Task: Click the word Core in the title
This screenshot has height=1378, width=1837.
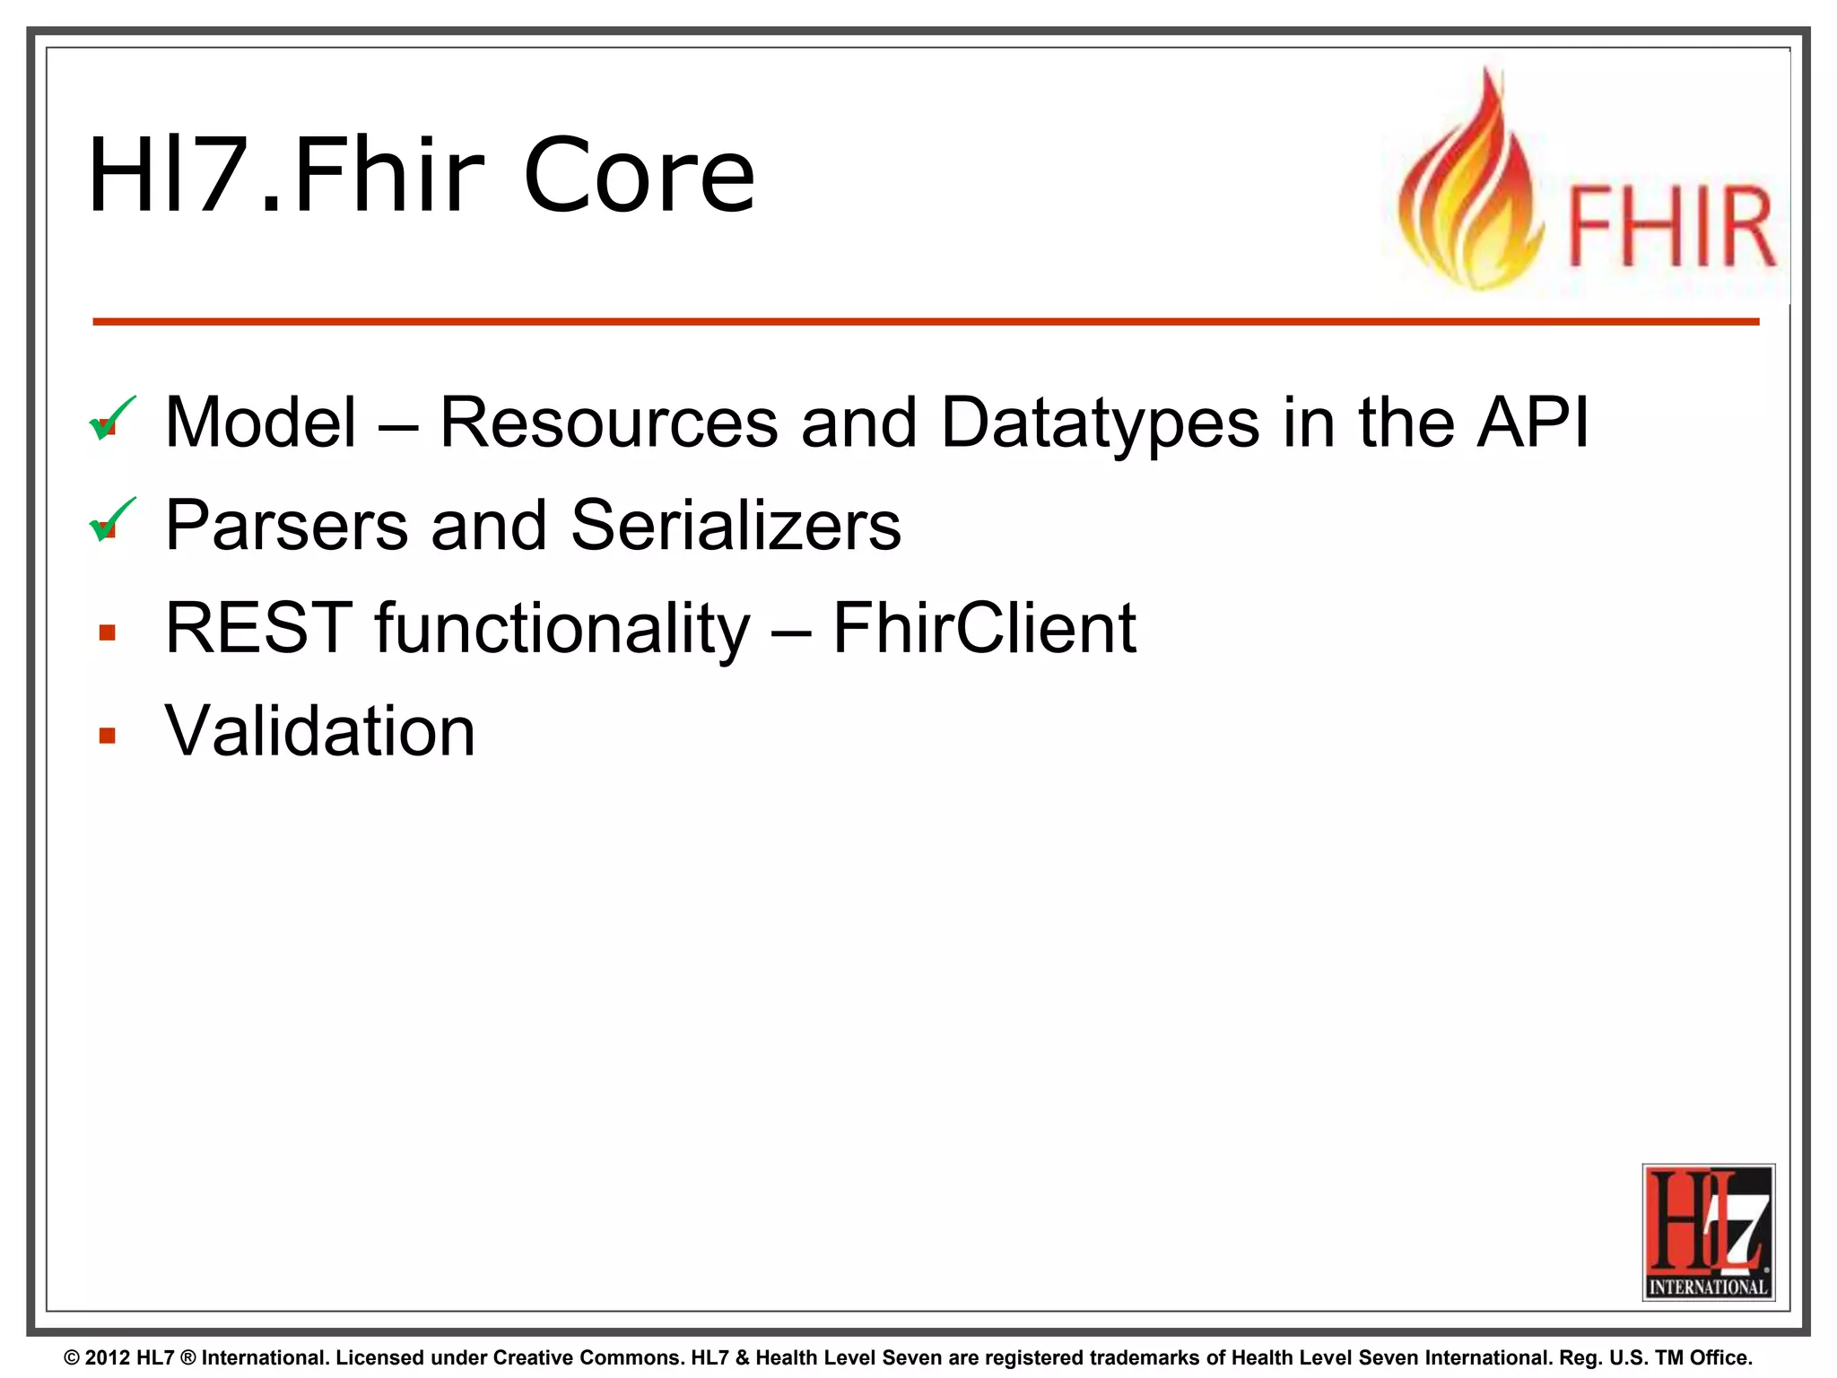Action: click(639, 176)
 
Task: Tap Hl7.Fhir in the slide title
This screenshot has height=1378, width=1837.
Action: click(286, 176)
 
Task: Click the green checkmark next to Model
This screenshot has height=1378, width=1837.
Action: click(112, 418)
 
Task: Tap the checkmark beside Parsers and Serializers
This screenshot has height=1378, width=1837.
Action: click(112, 520)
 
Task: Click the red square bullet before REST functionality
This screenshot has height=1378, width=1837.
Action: click(108, 633)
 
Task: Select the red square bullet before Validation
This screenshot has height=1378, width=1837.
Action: click(108, 737)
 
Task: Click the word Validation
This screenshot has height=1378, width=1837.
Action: click(319, 731)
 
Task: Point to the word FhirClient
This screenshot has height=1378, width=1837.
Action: click(984, 629)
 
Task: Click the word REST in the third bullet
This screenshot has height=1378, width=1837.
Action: click(258, 629)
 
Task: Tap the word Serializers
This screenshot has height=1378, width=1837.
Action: click(736, 526)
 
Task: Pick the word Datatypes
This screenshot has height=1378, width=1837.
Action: click(1100, 423)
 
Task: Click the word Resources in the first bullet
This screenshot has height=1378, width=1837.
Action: click(608, 423)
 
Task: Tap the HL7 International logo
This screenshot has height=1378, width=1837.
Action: click(1708, 1232)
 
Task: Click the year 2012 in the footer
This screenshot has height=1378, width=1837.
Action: click(108, 1358)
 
